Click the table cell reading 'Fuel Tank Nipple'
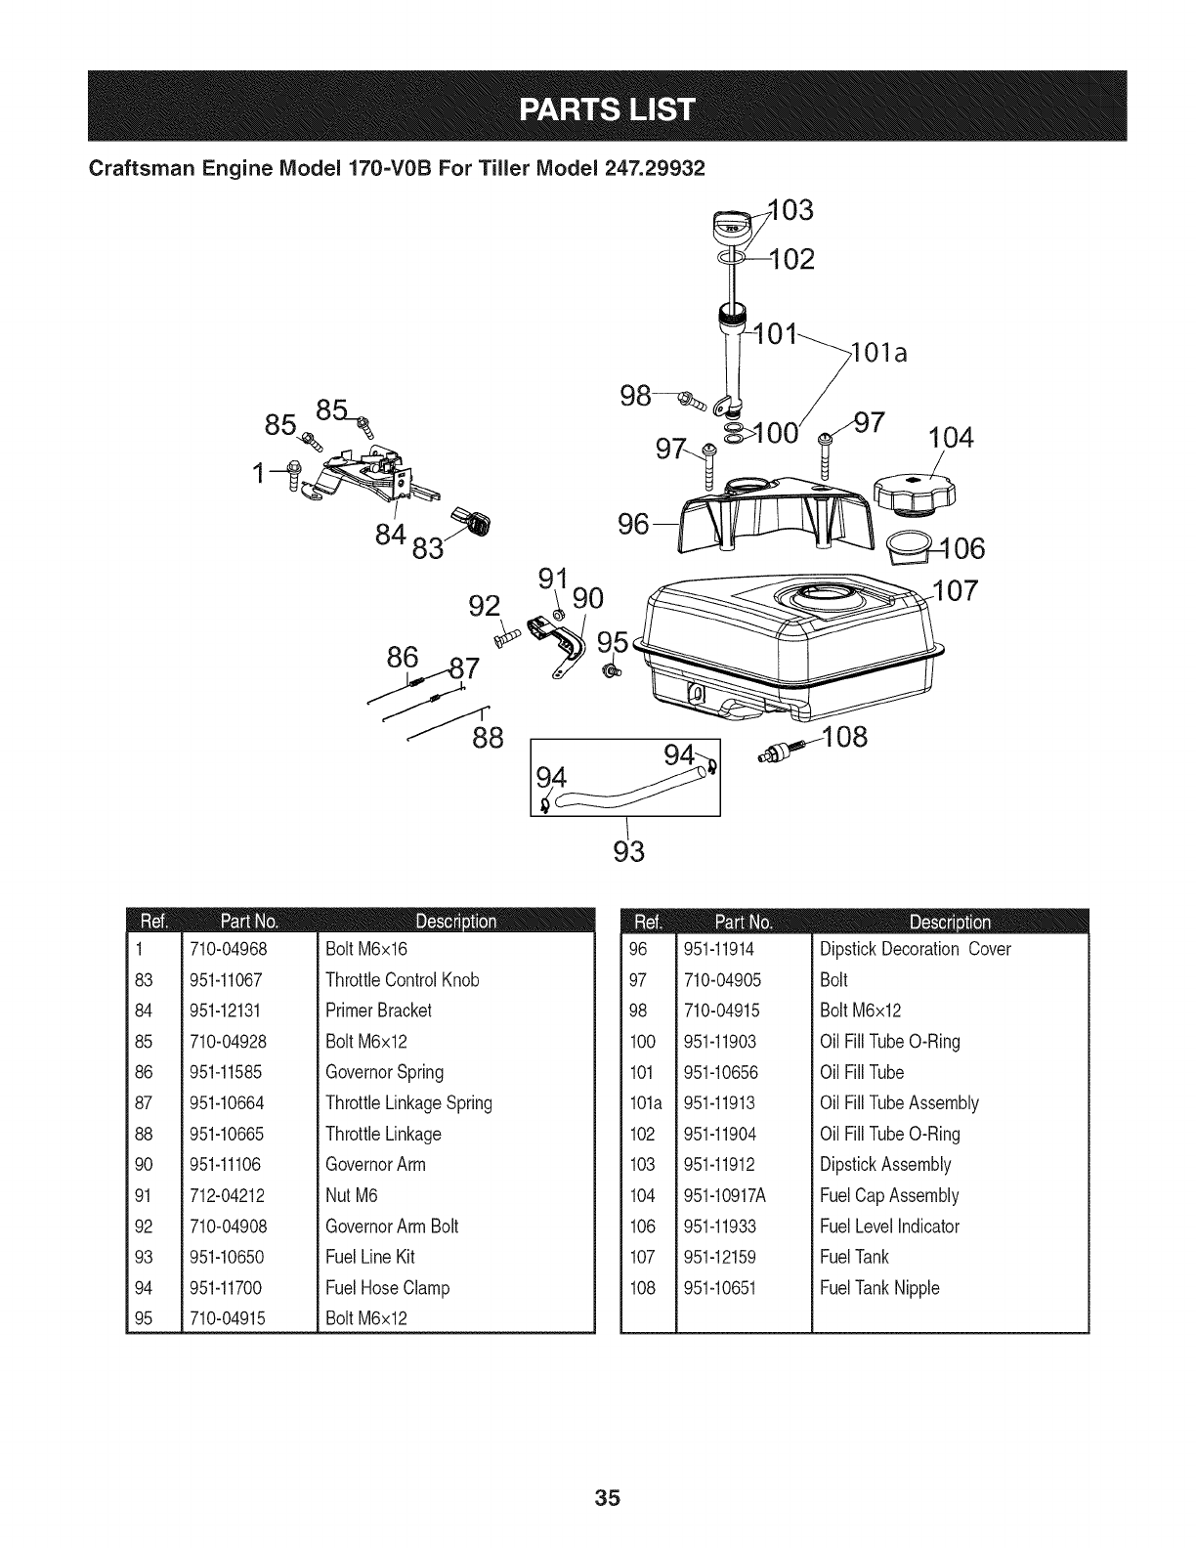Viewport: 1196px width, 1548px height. coord(878,1287)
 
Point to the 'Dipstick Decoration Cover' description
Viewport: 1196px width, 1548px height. coord(915,948)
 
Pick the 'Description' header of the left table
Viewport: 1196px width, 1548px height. coord(455,922)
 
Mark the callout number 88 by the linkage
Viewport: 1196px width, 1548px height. coord(487,737)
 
